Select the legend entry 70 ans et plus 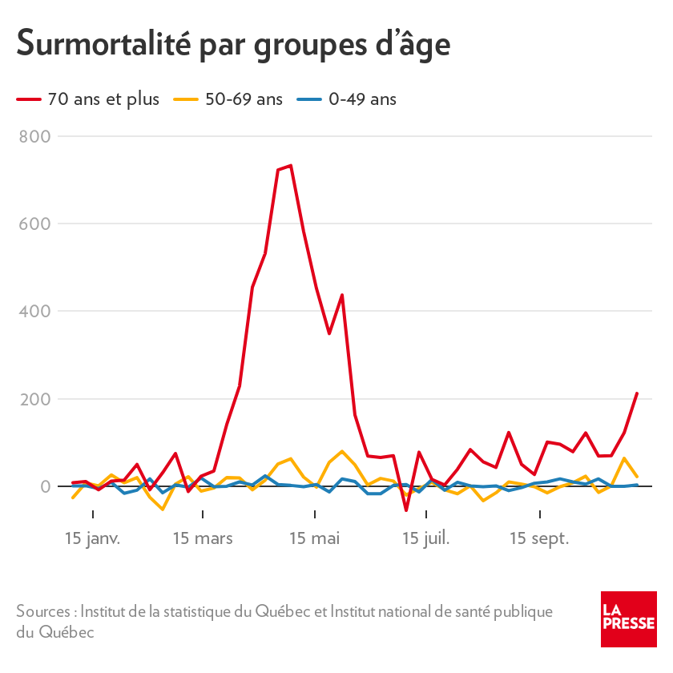103,99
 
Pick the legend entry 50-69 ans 244,99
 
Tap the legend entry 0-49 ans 362,99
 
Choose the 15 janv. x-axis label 93,538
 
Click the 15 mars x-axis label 203,538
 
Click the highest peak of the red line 290,165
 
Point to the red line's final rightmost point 637,393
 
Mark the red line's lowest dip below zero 406,510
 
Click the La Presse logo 629,619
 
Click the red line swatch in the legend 30,99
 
